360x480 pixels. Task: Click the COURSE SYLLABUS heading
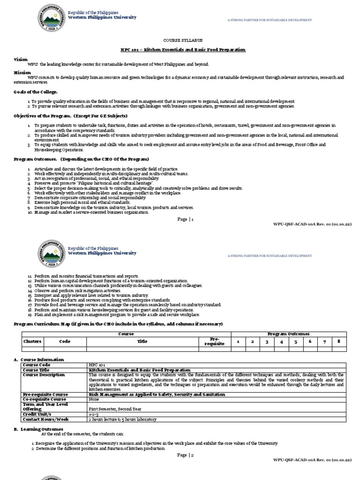tap(180, 41)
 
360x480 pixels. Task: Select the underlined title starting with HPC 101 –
tap(180, 50)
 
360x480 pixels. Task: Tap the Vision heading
tap(21, 60)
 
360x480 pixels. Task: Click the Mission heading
tap(22, 73)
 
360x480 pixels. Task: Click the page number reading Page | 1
tap(185, 219)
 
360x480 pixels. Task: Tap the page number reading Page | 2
tap(185, 455)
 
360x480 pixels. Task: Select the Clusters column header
tap(32, 342)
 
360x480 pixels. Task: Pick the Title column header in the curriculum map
tap(142, 342)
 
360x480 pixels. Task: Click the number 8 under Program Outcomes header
tap(338, 342)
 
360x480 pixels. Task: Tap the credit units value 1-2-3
tap(93, 414)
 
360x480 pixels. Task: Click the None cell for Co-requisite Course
tap(94, 399)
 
